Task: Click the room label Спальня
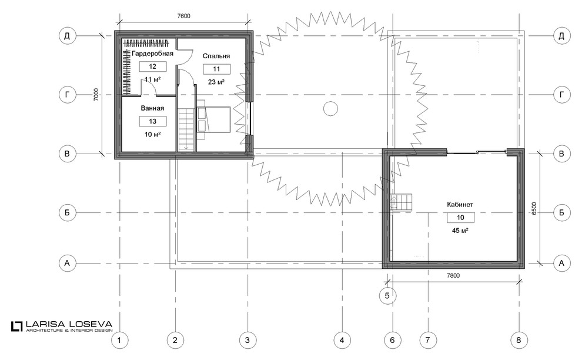click(x=216, y=56)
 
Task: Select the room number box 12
click(x=152, y=66)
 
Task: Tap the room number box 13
click(x=152, y=121)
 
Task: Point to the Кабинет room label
click(x=460, y=204)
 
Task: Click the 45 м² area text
click(x=460, y=231)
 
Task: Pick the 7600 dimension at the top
click(x=184, y=16)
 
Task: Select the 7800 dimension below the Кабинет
click(x=453, y=275)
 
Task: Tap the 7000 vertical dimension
click(x=96, y=95)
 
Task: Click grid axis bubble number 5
click(x=387, y=296)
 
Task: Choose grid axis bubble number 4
click(x=342, y=340)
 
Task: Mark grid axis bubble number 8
click(x=519, y=340)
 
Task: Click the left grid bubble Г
click(x=67, y=95)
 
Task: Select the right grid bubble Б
click(x=561, y=212)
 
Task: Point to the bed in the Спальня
click(x=213, y=119)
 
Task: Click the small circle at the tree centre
click(x=330, y=109)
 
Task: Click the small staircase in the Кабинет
click(x=402, y=202)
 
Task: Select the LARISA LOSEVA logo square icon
click(x=17, y=326)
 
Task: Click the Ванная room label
click(x=152, y=108)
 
